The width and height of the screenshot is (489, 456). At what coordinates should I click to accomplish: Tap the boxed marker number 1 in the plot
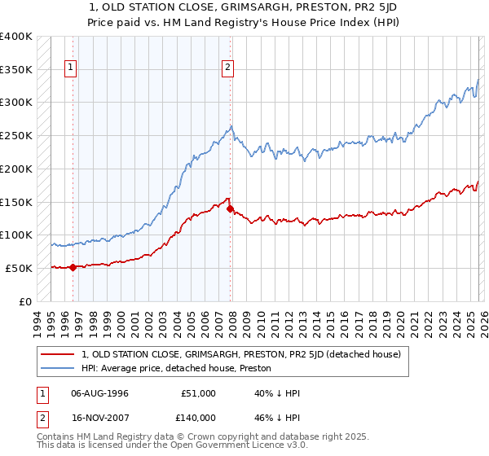click(x=72, y=68)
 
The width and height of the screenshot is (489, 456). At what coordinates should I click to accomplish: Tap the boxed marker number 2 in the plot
click(x=227, y=68)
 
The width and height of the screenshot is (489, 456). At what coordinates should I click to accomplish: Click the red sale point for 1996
click(x=73, y=266)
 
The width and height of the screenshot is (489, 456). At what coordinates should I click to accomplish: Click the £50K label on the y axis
click(x=18, y=268)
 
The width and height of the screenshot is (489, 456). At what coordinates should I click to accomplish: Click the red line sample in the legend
click(x=58, y=354)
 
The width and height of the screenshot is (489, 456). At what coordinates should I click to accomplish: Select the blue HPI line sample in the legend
click(x=58, y=368)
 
